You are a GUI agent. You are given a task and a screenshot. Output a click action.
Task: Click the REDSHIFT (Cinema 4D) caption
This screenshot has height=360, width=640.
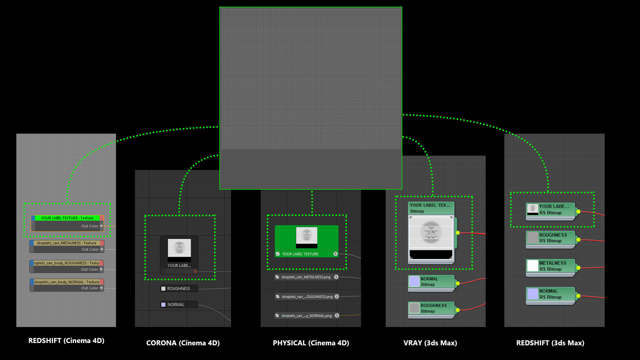pos(66,341)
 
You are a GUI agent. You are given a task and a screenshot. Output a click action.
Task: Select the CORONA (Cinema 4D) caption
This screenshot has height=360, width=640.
pos(183,343)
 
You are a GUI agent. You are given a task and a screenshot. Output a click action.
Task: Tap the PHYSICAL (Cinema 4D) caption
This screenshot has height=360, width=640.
pos(311,343)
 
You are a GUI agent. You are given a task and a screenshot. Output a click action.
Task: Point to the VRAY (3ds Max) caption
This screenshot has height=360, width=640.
pos(430,343)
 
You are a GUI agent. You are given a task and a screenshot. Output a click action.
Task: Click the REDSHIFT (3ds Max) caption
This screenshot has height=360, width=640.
pos(550,343)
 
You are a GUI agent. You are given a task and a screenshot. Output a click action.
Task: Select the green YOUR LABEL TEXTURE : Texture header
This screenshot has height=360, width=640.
pos(67,218)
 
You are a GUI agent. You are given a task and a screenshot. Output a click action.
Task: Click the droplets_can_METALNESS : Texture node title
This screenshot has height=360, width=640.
pos(67,243)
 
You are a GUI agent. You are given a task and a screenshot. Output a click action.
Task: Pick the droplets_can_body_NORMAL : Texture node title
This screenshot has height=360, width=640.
pos(67,282)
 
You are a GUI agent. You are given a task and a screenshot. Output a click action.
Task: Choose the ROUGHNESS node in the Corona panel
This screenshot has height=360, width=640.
pos(179,289)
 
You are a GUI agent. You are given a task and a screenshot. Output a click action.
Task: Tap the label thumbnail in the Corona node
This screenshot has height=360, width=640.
pos(179,248)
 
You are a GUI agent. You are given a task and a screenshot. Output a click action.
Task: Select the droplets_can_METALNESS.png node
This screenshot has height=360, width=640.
pos(306,277)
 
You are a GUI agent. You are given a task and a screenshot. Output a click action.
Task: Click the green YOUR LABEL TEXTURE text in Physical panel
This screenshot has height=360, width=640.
pos(300,254)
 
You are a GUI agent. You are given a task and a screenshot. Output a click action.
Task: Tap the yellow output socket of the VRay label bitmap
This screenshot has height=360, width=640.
pos(458,233)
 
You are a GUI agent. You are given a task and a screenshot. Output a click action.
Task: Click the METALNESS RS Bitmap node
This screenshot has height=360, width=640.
pos(550,266)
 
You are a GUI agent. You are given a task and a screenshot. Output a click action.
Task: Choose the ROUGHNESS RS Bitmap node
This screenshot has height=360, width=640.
pos(550,238)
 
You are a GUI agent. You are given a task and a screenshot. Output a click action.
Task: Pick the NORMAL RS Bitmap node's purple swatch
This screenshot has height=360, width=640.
pos(533,294)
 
